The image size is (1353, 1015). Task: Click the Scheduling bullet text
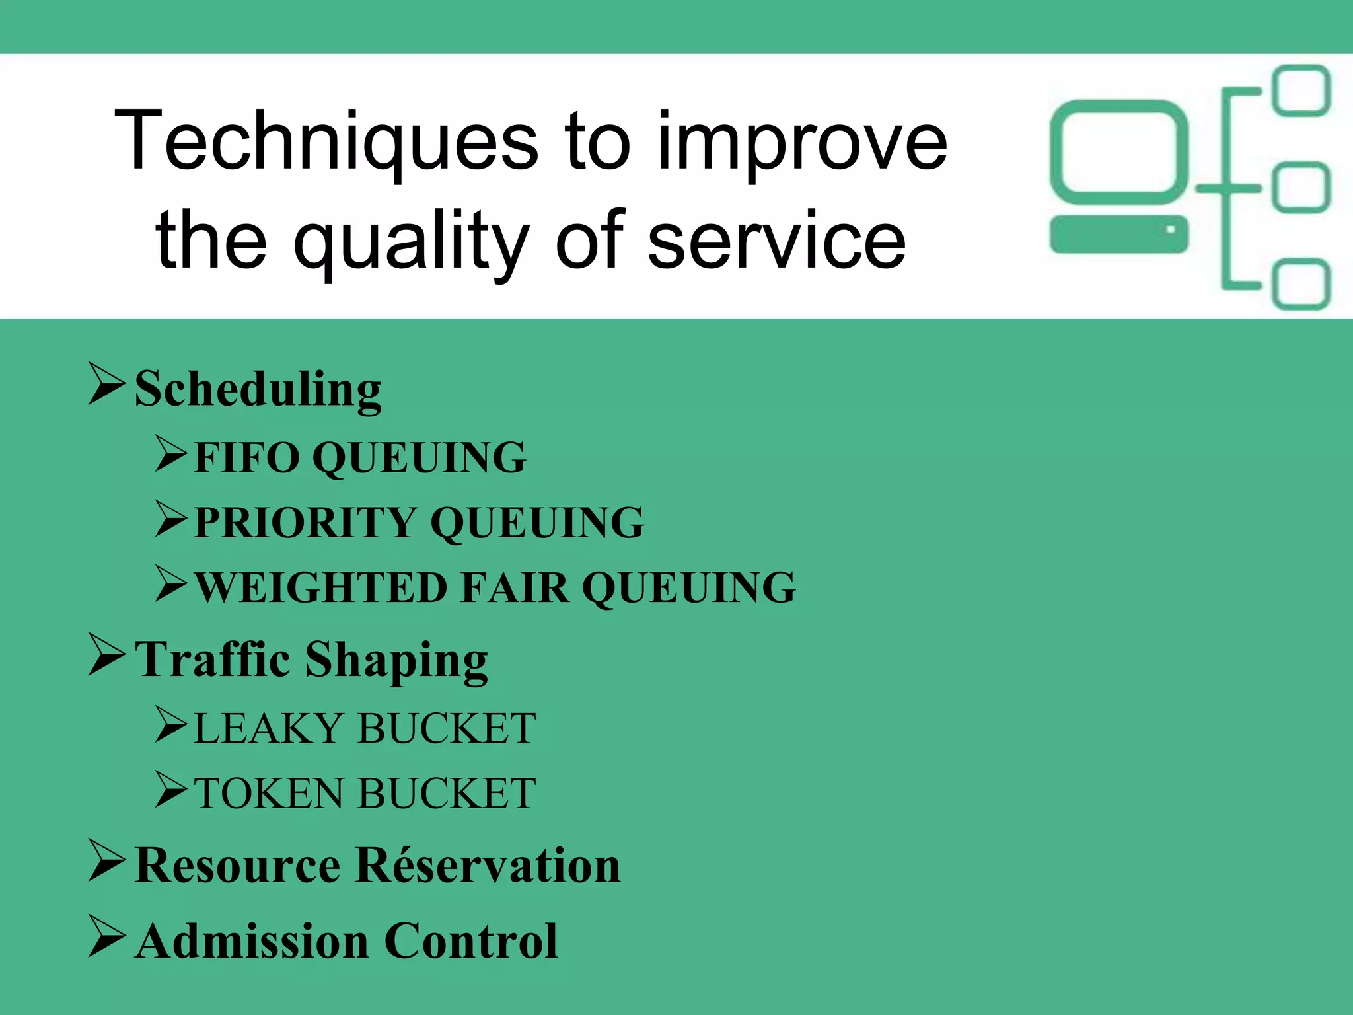(x=258, y=390)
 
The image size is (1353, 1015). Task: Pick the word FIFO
(x=247, y=457)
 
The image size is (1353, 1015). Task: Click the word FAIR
(x=515, y=587)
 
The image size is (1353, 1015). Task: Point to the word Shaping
(x=396, y=661)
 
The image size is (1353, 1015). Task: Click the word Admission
(x=252, y=941)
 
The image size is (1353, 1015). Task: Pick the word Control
(x=471, y=941)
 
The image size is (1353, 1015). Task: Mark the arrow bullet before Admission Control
(x=106, y=936)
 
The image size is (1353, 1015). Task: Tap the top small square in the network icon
(x=1302, y=91)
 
